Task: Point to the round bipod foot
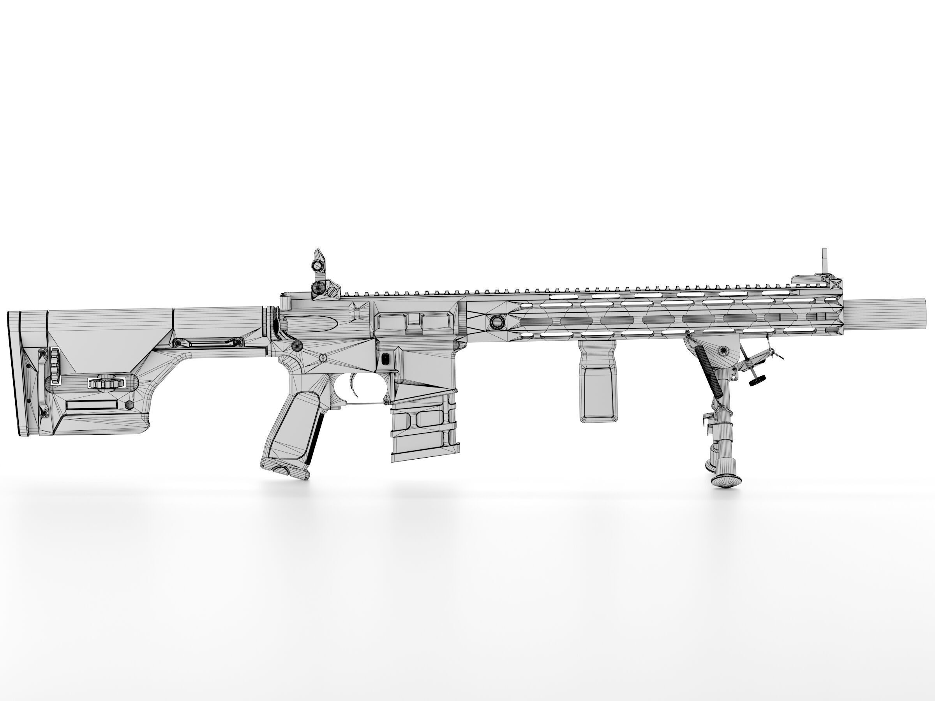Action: click(x=726, y=479)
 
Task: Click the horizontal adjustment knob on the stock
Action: click(x=106, y=382)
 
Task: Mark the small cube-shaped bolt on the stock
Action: click(x=129, y=405)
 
